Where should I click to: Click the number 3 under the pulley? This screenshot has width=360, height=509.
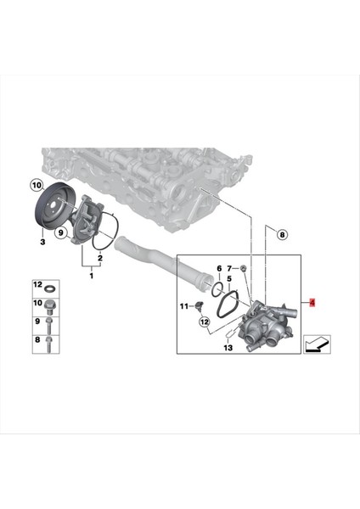pos(42,243)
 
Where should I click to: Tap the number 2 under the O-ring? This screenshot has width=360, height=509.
pos(101,257)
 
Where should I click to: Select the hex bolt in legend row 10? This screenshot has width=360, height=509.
pos(52,303)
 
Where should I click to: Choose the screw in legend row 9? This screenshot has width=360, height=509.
pos(52,323)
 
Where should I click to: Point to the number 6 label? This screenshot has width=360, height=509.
pos(218,268)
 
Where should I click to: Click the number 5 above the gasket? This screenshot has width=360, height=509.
pos(229,278)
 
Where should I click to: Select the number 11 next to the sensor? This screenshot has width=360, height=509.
pos(184,305)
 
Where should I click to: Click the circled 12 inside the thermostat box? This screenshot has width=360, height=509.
pos(204,323)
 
